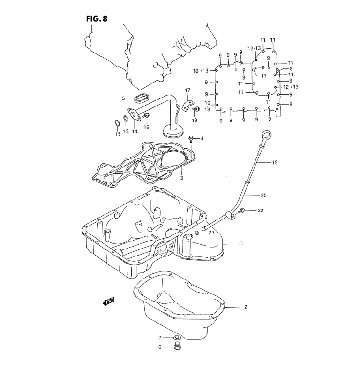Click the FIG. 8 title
pyautogui.click(x=97, y=19)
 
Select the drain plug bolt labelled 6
pyautogui.click(x=177, y=347)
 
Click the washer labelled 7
pyautogui.click(x=177, y=338)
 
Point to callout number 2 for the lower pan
pyautogui.click(x=246, y=307)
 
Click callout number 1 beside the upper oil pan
pyautogui.click(x=241, y=243)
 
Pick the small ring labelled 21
pyautogui.click(x=197, y=233)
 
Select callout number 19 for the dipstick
pyautogui.click(x=275, y=163)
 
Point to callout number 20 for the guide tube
pyautogui.click(x=264, y=195)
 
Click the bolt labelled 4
pyautogui.click(x=191, y=139)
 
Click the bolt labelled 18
pyautogui.click(x=196, y=109)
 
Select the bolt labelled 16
pyautogui.click(x=146, y=115)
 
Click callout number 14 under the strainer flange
pyautogui.click(x=135, y=131)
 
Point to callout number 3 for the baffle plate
pyautogui.click(x=182, y=178)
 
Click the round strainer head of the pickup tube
pyautogui.click(x=172, y=132)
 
